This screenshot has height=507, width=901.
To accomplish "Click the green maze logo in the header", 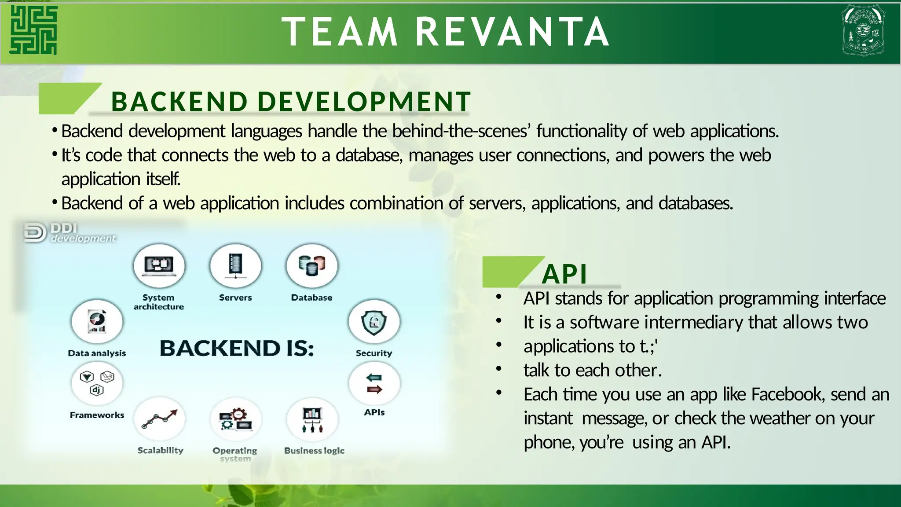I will [33, 30].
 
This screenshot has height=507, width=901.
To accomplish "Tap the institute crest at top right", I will [863, 30].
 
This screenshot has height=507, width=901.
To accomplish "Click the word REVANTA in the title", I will [512, 32].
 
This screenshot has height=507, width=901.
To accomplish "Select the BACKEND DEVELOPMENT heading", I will [291, 102].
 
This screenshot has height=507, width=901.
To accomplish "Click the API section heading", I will [564, 274].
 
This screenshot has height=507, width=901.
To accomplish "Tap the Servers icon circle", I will [235, 266].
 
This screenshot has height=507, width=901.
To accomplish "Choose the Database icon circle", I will [311, 266].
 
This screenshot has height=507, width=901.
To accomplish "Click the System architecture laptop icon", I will [159, 266].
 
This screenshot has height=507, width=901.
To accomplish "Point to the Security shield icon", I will [374, 322].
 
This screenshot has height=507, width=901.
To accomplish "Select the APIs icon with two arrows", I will [374, 383].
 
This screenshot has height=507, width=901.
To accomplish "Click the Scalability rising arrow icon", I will [159, 419].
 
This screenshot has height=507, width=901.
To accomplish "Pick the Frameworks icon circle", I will [97, 383].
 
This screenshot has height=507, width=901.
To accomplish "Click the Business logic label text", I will [314, 451].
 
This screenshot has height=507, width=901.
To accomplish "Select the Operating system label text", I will [235, 454].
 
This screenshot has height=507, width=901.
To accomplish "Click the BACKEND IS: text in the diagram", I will [237, 349].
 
